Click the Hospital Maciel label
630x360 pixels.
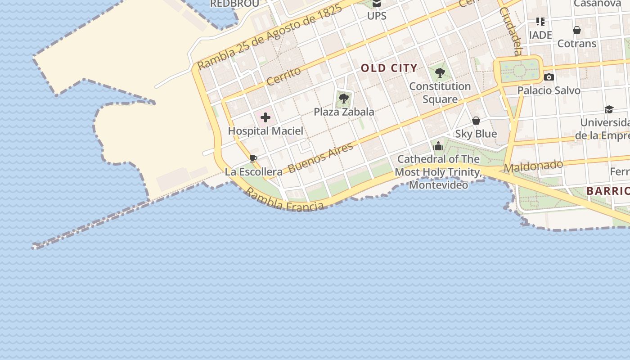click(265, 131)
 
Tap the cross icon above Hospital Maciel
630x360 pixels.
click(265, 118)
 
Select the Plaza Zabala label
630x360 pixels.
click(344, 112)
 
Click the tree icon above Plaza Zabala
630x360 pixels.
click(344, 98)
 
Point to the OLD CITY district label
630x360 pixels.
click(389, 68)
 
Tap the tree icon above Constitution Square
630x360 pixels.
click(440, 72)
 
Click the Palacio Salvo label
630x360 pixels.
click(549, 90)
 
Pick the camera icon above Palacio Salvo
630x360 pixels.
click(549, 77)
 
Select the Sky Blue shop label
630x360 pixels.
click(476, 134)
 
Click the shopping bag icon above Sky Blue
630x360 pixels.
click(476, 121)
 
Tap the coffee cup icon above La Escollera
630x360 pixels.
click(253, 158)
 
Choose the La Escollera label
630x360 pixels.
click(254, 171)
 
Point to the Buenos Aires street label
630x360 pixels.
click(320, 158)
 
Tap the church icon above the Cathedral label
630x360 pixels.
click(438, 146)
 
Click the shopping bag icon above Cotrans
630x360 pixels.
click(577, 30)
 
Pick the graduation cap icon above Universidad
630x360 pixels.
click(609, 109)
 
